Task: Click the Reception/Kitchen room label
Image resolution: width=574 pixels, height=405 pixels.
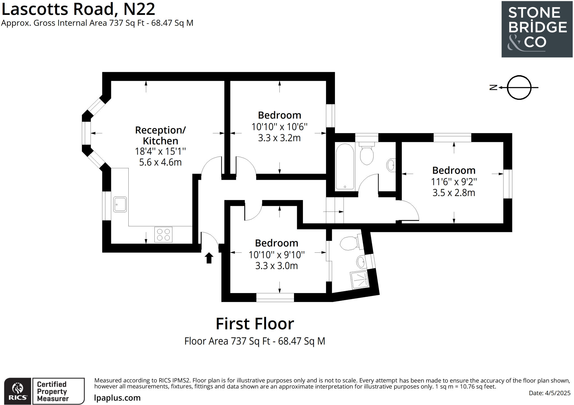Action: pos(160,135)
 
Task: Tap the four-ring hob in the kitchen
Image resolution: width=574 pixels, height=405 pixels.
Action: pos(163,235)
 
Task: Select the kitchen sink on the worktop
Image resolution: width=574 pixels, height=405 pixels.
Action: pos(120,204)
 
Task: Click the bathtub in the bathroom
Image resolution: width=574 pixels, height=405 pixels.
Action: pos(345,166)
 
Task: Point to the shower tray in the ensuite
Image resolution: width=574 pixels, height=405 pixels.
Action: pos(359,280)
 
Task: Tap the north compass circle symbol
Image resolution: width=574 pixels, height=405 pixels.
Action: pos(519,88)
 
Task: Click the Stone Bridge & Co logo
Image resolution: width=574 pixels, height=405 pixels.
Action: pos(537,29)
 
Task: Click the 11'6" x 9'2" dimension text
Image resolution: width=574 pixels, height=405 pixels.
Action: pos(454,182)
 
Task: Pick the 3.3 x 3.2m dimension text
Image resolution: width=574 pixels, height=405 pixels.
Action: pos(279,138)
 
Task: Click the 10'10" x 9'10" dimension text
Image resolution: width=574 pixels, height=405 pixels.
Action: pos(276,255)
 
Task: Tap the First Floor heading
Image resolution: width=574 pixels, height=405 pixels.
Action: pos(255,324)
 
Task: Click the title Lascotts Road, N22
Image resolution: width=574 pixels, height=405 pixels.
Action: pos(78,9)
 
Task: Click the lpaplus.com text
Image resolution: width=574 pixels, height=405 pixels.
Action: pos(117,398)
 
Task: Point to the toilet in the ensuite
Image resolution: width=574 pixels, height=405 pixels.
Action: pos(348,243)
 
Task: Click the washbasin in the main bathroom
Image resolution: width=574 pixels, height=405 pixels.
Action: pos(391,165)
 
